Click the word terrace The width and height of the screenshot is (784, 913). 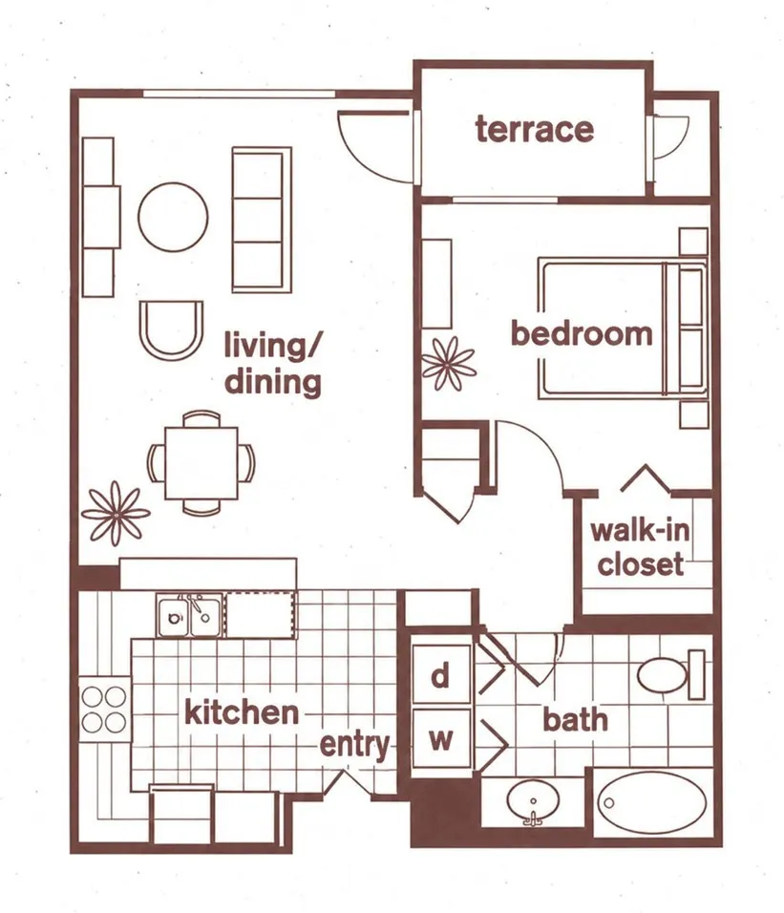(x=535, y=129)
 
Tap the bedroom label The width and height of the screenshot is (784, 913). (x=582, y=333)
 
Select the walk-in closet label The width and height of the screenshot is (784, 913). (x=640, y=547)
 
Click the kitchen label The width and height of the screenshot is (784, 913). (x=242, y=712)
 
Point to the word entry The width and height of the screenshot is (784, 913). (x=354, y=745)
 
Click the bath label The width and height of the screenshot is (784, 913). (x=575, y=719)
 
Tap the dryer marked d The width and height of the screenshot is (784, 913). (x=440, y=676)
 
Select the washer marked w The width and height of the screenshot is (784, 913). (x=440, y=739)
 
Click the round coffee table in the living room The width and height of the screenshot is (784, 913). (x=173, y=217)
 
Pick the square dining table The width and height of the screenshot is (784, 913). (x=201, y=463)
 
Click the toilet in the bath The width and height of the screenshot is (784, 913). (x=670, y=675)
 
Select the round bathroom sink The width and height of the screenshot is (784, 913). (x=533, y=803)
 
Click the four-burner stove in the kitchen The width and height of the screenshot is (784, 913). (x=104, y=709)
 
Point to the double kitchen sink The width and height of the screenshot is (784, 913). (x=189, y=615)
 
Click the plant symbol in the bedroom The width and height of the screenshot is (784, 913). (x=449, y=364)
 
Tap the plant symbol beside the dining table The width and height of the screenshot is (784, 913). (x=116, y=514)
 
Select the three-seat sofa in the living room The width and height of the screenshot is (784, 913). (x=262, y=220)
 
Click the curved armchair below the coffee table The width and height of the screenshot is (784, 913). (x=171, y=330)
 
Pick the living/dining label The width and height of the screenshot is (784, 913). (x=273, y=364)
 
